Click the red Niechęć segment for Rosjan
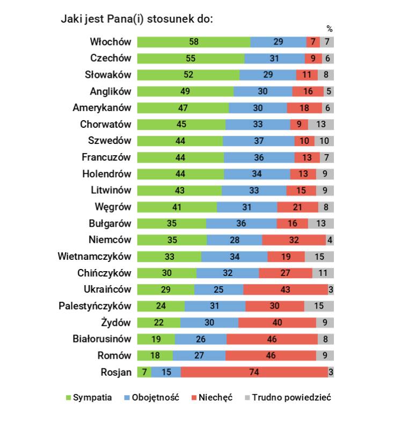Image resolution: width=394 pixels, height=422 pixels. click(254, 372)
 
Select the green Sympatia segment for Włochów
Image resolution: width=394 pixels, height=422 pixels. click(193, 42)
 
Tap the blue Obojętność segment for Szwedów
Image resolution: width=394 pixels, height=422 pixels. click(258, 141)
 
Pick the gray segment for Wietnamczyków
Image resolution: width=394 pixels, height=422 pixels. click(319, 257)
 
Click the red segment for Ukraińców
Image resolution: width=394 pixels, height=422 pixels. click(285, 289)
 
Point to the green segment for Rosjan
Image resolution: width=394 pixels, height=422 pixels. click(144, 372)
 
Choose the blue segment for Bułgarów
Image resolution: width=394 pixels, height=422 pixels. click(241, 223)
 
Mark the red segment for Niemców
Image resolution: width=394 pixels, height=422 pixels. click(294, 240)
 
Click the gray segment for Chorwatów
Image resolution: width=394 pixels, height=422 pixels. click(321, 125)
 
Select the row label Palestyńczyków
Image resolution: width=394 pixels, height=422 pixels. click(95, 306)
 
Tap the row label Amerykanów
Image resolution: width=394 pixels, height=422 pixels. click(102, 108)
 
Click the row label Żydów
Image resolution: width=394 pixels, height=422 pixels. click(116, 323)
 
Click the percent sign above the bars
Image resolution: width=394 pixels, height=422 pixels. click(330, 29)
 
